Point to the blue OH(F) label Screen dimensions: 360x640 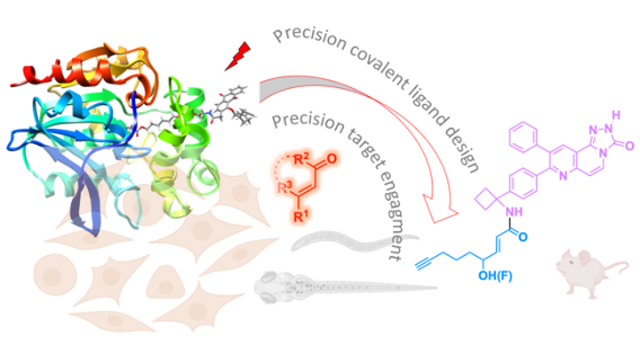coord(497,284)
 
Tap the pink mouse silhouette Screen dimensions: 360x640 coord(577,268)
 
